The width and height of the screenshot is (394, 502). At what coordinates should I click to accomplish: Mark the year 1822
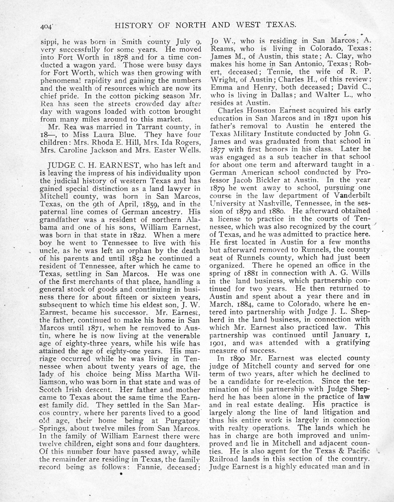tap(141, 235)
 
